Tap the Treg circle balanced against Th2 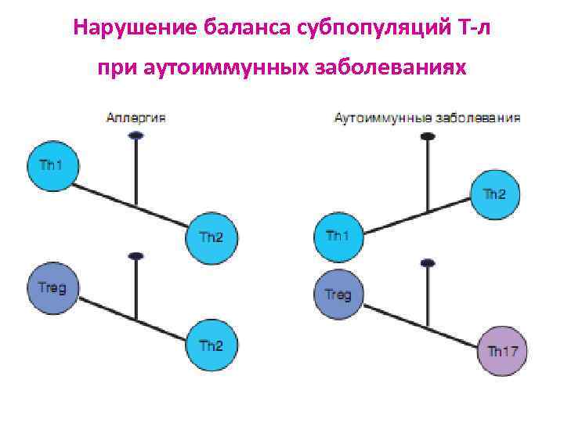(52, 288)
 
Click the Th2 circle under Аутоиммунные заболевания (494, 195)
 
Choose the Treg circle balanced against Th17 (338, 295)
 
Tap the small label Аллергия (136, 118)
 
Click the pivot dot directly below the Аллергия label (136, 136)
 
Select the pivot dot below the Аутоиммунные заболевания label (427, 136)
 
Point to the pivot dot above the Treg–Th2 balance (136, 256)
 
